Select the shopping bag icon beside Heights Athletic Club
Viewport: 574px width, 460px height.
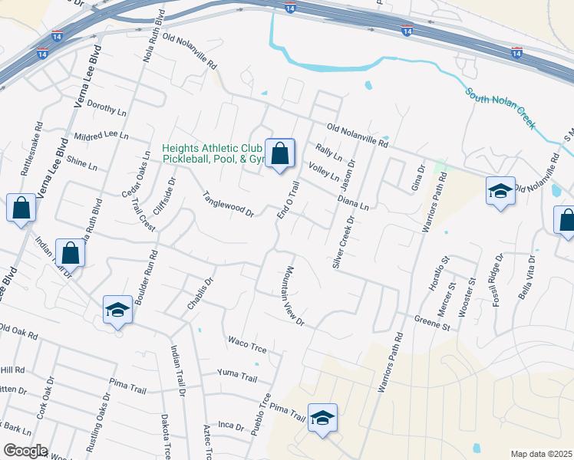pyautogui.click(x=280, y=153)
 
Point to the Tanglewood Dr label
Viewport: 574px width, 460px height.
pyautogui.click(x=228, y=204)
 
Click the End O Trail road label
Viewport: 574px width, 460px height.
pyautogui.click(x=287, y=200)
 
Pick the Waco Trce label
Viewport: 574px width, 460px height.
pyautogui.click(x=247, y=345)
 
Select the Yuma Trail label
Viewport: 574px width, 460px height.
pyautogui.click(x=237, y=375)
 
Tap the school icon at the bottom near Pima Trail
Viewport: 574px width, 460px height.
pyautogui.click(x=323, y=418)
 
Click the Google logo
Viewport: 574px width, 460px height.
pyautogui.click(x=25, y=451)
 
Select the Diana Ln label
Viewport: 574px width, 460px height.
pyautogui.click(x=354, y=202)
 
